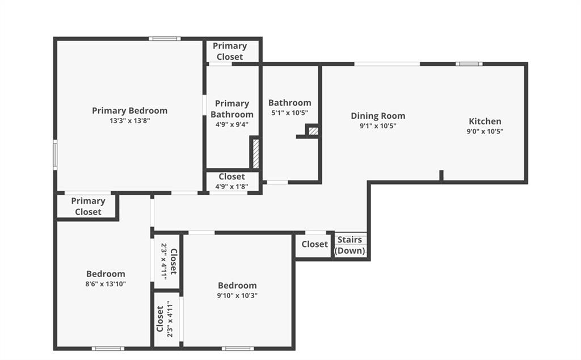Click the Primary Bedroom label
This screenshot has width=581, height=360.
click(130, 111)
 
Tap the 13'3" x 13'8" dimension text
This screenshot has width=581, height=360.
click(130, 120)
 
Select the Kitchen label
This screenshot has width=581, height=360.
click(485, 122)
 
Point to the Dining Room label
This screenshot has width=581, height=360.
click(378, 116)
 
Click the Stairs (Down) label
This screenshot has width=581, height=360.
click(350, 245)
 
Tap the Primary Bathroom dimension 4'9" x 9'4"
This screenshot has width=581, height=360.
click(232, 124)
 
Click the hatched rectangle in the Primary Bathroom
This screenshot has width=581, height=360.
click(256, 154)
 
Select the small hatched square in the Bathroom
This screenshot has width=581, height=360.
click(313, 131)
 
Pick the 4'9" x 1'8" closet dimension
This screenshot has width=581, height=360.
click(232, 186)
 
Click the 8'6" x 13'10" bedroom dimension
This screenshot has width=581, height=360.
click(106, 284)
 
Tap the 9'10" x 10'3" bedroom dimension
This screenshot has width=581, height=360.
click(237, 295)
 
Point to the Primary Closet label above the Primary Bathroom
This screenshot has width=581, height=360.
click(230, 51)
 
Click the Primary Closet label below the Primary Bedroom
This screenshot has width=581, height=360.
click(88, 206)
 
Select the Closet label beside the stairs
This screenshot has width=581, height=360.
click(314, 244)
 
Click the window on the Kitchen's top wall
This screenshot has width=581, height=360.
click(469, 64)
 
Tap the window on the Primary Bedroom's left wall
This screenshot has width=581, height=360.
click(55, 154)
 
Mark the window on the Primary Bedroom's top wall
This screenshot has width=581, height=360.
click(165, 39)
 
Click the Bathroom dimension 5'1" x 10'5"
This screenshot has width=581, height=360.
click(290, 112)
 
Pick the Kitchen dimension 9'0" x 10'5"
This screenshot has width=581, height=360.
click(485, 131)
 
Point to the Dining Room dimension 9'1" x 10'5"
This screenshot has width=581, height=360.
click(378, 126)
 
